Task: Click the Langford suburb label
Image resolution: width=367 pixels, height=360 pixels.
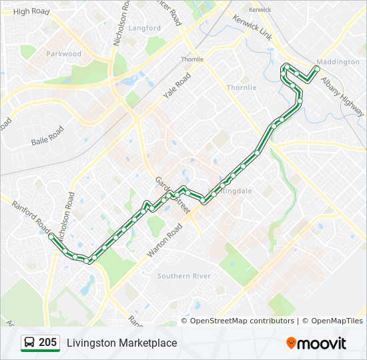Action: (145, 29)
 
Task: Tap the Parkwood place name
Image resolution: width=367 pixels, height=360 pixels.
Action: (64, 54)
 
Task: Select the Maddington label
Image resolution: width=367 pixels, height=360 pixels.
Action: (338, 62)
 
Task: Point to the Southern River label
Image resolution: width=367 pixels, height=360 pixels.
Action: (184, 276)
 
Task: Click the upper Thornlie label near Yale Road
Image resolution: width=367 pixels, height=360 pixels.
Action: (192, 59)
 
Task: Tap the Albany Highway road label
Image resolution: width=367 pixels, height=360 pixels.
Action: (343, 93)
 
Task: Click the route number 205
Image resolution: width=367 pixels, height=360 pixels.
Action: (47, 343)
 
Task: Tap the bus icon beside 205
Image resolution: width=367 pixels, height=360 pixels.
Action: (29, 343)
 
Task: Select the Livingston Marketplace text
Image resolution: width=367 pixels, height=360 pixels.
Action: (121, 343)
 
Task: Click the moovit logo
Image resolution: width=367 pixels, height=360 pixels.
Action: (316, 343)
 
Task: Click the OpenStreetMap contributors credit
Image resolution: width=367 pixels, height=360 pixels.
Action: (242, 321)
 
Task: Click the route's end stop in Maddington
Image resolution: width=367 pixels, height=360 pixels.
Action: (317, 69)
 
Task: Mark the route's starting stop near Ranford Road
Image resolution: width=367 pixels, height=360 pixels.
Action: (51, 236)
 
